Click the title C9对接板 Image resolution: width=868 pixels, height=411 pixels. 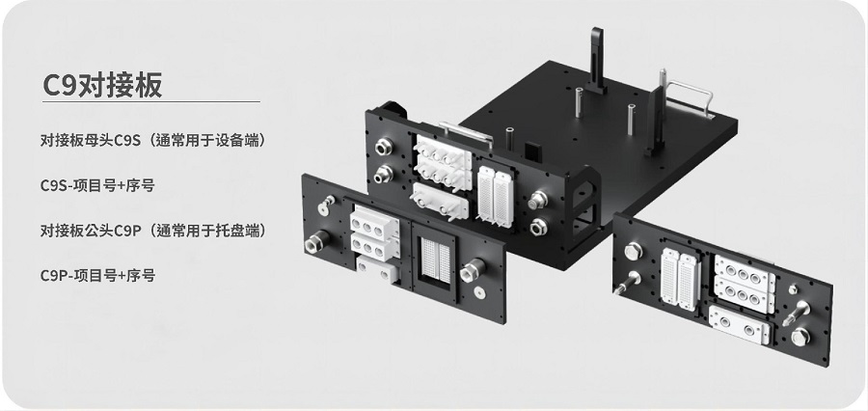(x=102, y=84)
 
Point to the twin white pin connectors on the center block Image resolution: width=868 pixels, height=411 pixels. (x=493, y=194)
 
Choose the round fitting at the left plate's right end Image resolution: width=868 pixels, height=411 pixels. (x=474, y=269)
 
